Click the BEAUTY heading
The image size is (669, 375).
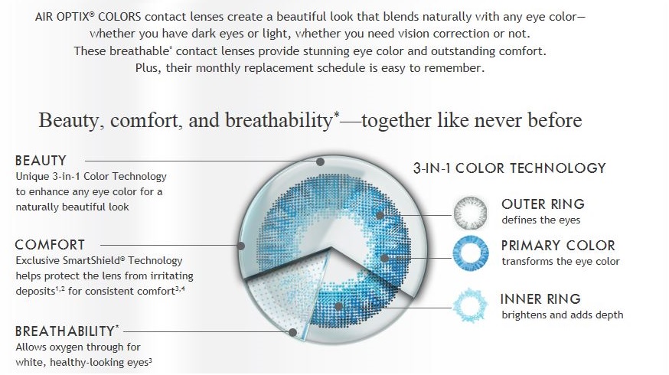pos(41,161)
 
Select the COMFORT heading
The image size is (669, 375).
pos(50,244)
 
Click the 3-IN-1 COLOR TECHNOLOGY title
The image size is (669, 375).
pos(510,168)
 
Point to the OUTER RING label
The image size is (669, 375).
pos(543,204)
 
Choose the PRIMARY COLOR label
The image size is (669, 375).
pos(558,246)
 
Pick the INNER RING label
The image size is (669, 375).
pos(540,298)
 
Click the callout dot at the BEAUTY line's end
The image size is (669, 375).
pos(321,161)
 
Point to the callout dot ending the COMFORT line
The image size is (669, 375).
pos(241,246)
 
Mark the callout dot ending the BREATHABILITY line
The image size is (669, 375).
pos(292,332)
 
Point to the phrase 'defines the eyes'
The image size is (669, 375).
pos(541,220)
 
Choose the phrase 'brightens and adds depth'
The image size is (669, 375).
pos(563,315)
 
